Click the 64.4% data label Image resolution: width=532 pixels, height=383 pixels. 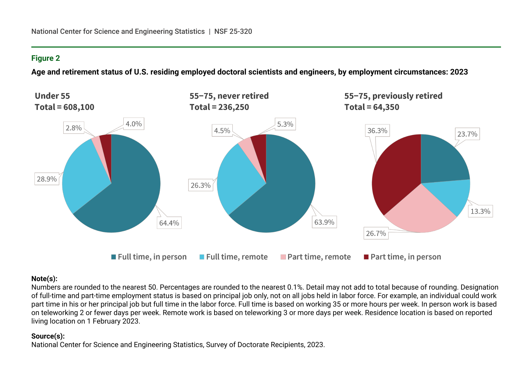169,223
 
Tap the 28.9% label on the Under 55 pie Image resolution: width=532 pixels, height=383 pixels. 47,179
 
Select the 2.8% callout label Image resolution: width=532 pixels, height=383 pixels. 74,128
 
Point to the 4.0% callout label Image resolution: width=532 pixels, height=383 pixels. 134,124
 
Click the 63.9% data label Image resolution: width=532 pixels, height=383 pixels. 324,222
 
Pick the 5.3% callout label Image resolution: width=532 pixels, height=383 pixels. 285,124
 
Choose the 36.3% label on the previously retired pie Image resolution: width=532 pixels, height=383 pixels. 377,130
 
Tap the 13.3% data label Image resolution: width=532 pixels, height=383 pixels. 480,211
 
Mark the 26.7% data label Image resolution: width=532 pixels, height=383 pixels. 376,233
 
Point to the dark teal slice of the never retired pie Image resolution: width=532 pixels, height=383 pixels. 288,191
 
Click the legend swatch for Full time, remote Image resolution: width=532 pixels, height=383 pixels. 202,257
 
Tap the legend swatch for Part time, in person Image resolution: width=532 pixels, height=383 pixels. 366,257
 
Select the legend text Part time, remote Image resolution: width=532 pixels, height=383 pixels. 319,257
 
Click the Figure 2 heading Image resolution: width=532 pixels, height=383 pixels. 45,58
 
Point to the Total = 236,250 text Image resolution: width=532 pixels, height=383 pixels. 219,107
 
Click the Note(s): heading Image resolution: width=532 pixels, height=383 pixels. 44,279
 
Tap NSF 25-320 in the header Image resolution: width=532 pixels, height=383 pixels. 233,31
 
